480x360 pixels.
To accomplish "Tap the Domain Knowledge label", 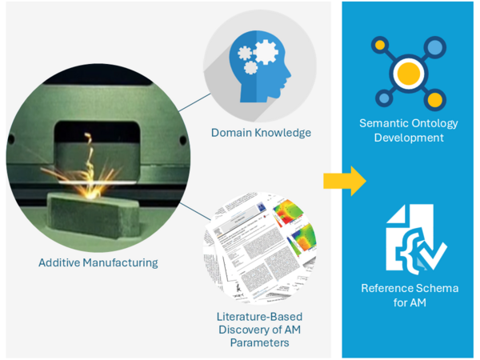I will pos(261,132).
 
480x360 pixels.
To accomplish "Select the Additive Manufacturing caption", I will pos(98,262).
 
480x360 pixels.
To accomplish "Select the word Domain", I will pos(230,132).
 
